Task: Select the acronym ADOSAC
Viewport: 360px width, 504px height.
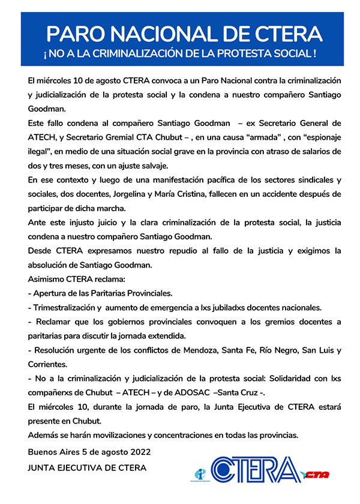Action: (x=190, y=392)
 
